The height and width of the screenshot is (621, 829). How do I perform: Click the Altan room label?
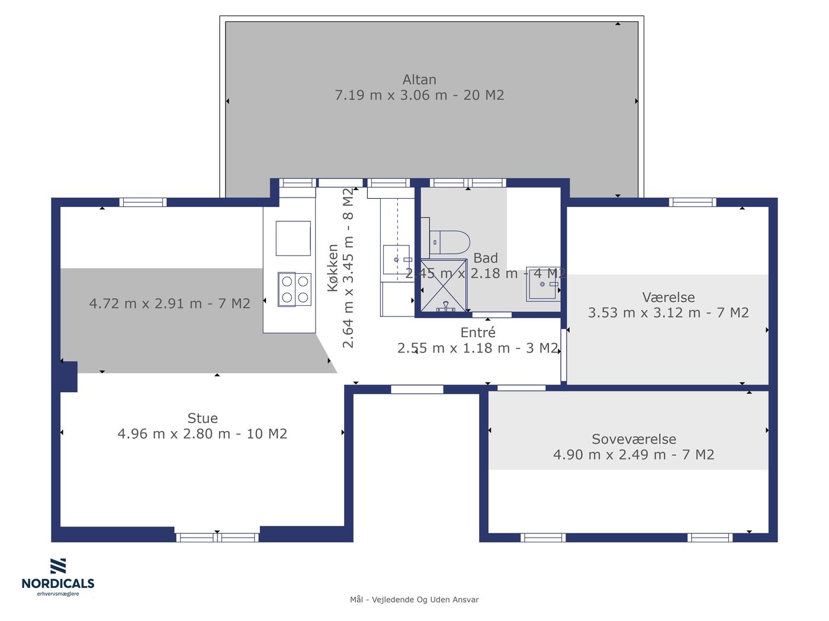pos(419,80)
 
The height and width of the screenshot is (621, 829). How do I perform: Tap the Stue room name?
pos(203,418)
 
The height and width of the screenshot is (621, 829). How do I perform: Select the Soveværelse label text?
pos(634,439)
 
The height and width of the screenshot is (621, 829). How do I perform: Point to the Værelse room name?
pos(669,297)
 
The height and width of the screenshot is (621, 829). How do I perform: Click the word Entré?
pos(478,332)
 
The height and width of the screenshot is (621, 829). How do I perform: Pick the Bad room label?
pos(486,258)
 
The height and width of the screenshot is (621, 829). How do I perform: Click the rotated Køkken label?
pos(333,268)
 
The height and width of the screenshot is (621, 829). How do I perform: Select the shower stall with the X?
pos(444,286)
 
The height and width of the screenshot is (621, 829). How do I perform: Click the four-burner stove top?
pos(294,289)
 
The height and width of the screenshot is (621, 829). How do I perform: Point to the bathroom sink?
pos(543,284)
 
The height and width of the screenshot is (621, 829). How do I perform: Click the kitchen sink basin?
pos(396,260)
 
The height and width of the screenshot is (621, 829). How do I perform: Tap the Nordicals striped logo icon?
pos(58,566)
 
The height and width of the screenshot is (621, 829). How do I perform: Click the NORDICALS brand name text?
pos(58,584)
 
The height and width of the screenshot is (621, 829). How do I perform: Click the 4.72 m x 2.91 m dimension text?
pos(146,303)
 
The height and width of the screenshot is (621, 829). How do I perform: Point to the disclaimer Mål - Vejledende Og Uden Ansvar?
pos(415,600)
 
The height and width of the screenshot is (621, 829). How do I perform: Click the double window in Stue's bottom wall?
pos(217,537)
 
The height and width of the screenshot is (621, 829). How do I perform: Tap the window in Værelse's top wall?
pos(692,202)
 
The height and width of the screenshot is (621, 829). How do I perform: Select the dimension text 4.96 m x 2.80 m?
pos(174,434)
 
